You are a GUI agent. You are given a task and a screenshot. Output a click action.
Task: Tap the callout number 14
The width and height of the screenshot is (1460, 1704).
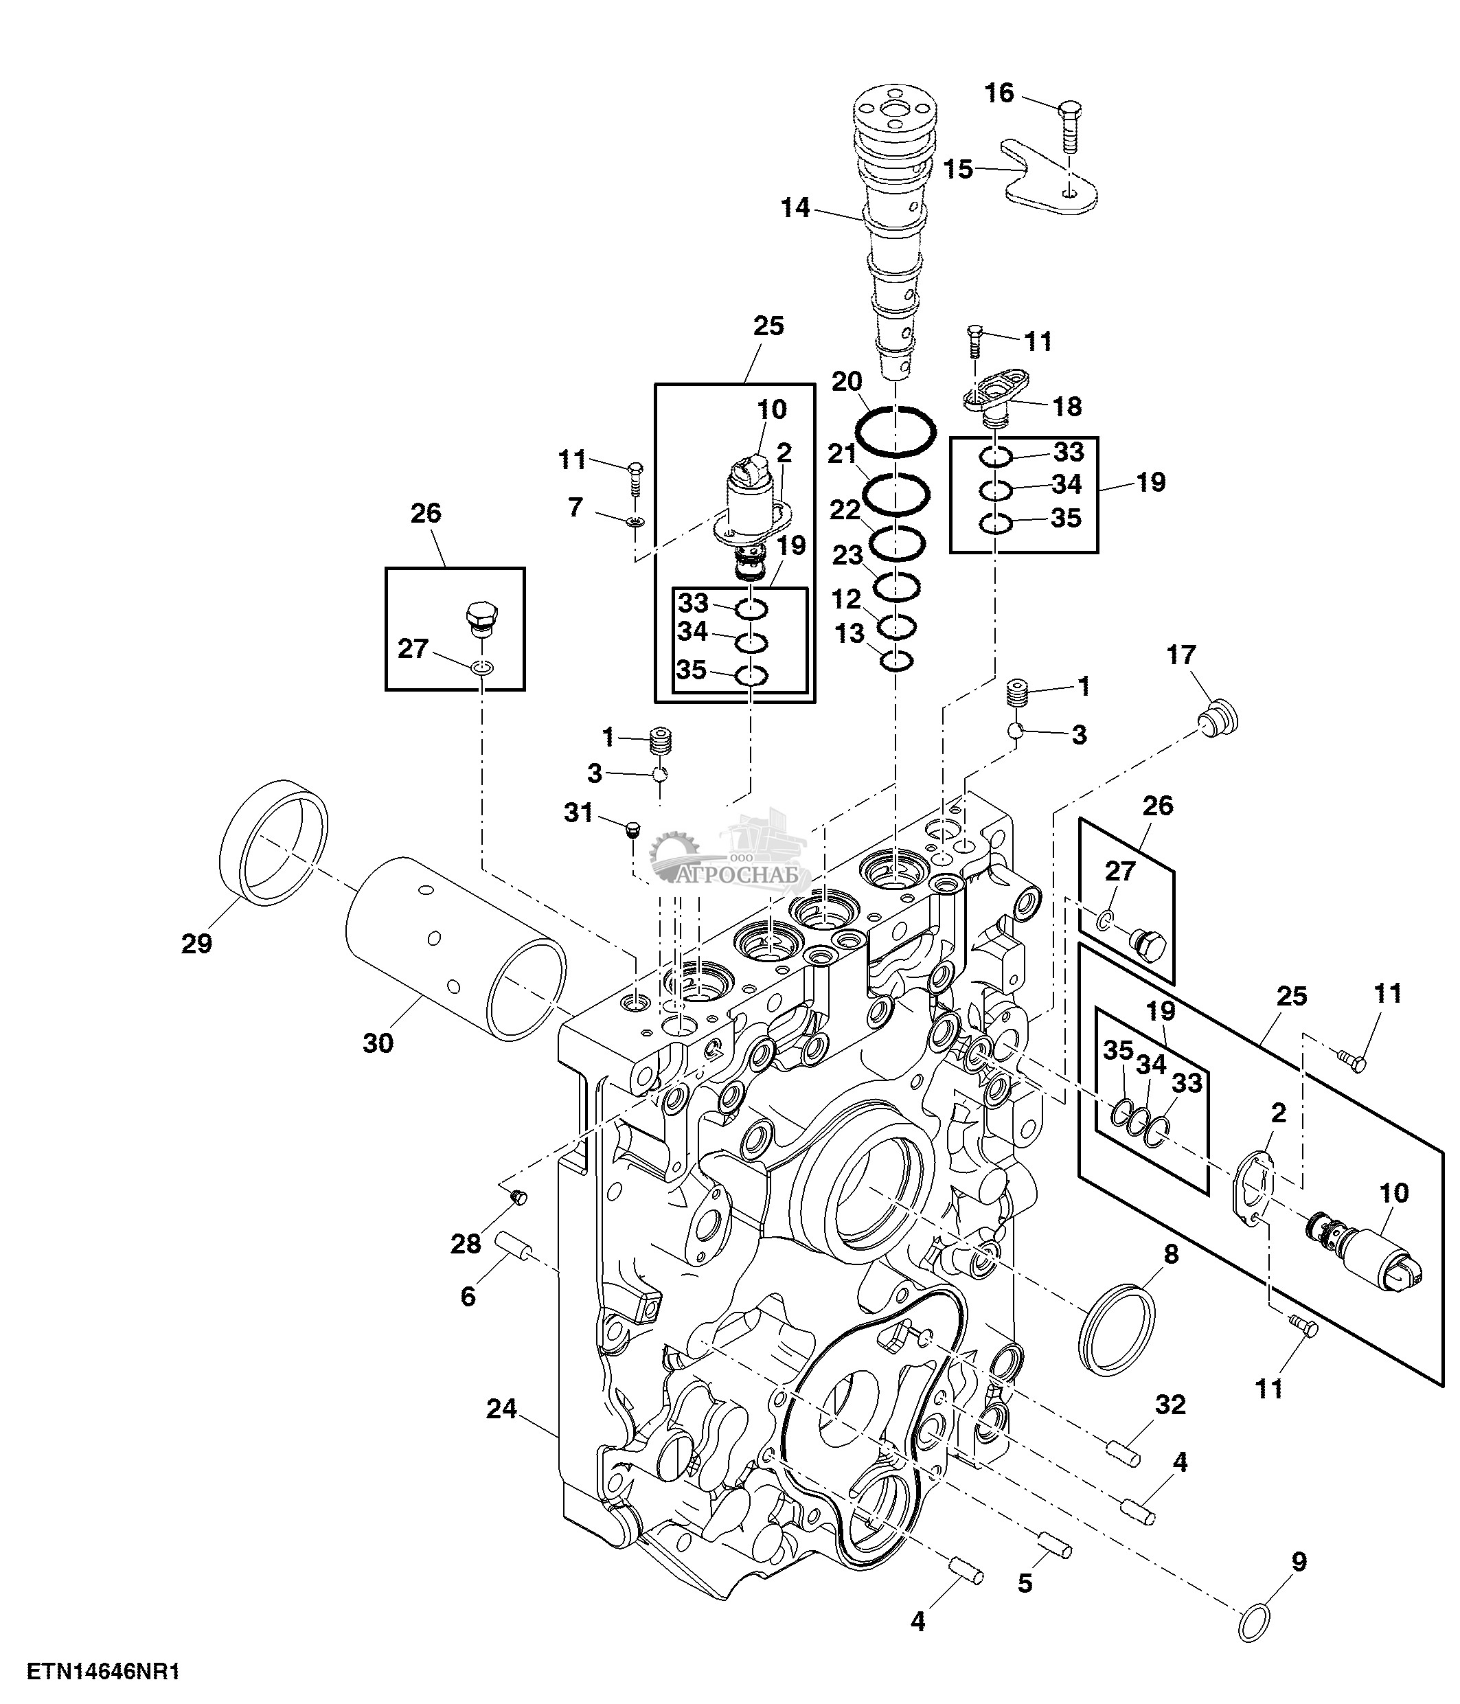795,208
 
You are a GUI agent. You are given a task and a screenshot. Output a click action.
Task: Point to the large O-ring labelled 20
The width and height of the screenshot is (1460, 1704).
896,430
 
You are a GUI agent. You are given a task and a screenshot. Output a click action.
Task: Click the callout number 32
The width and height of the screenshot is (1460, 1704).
1171,1405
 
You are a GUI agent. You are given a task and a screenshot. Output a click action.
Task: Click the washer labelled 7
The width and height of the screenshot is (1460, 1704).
634,521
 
